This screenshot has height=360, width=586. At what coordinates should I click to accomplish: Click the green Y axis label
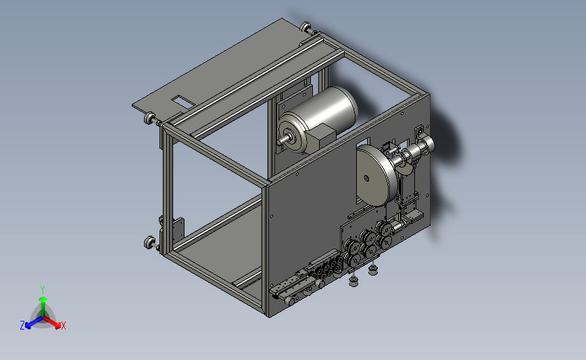[x=43, y=290]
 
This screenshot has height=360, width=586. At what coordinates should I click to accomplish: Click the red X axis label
[x=63, y=326]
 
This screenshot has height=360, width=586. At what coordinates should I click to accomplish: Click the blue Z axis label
[x=22, y=326]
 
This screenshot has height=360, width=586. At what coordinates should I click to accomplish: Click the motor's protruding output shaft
[x=283, y=140]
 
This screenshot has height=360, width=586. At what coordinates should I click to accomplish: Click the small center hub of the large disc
[x=366, y=178]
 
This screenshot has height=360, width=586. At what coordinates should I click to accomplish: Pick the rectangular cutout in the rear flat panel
[x=181, y=100]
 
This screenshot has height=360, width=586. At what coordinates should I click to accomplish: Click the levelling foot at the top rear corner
[x=306, y=27]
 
